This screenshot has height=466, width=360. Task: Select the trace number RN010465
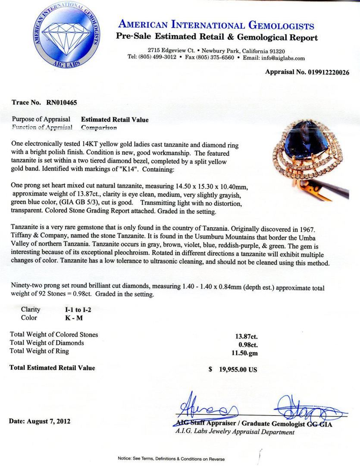tap(60, 103)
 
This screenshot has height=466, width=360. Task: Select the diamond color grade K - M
tap(69, 318)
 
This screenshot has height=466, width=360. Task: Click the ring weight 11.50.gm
tap(245, 351)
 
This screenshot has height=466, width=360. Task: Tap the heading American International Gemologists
tap(216, 25)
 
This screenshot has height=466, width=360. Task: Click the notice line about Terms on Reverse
tap(171, 459)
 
